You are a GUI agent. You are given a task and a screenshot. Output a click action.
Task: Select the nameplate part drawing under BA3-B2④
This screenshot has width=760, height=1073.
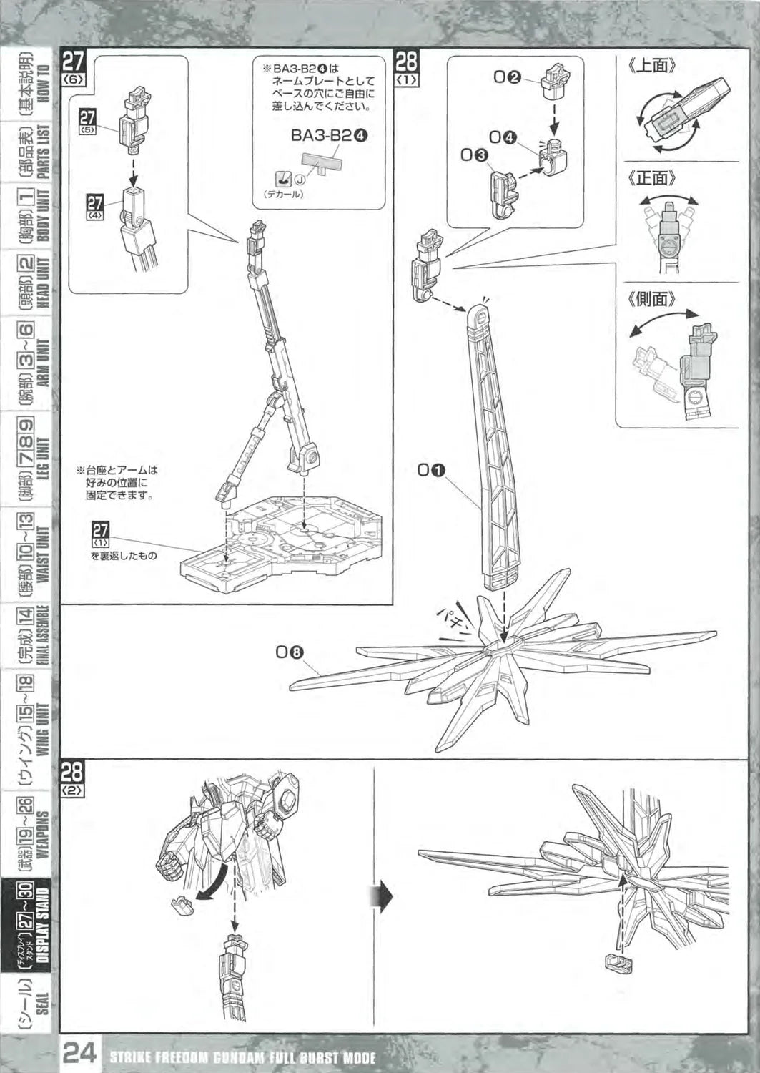[x=325, y=162]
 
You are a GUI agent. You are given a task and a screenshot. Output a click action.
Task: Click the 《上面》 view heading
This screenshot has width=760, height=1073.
[x=652, y=66]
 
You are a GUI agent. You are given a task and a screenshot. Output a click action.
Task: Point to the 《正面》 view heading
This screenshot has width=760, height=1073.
[x=652, y=177]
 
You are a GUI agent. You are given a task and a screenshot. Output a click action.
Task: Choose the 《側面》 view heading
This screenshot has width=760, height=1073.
[x=652, y=298]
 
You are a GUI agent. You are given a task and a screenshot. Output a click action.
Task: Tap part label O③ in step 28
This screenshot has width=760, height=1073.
[x=474, y=154]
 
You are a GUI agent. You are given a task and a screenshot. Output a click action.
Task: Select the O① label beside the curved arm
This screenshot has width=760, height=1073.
[x=432, y=470]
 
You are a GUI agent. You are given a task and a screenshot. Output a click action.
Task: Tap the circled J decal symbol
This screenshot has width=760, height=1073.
[x=300, y=181]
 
